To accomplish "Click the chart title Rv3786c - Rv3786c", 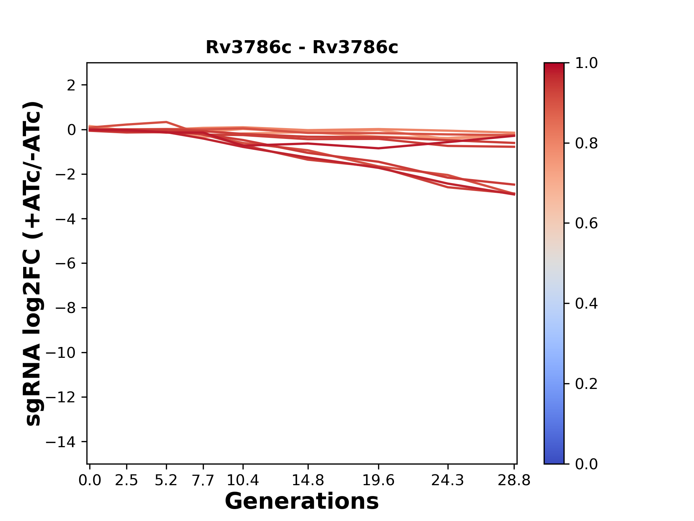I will click(302, 47).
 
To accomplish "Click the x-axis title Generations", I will click(302, 501).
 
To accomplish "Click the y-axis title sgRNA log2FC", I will click(33, 263).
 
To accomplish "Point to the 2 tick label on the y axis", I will click(71, 85).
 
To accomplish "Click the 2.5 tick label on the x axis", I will click(127, 480).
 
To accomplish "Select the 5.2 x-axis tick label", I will click(166, 480).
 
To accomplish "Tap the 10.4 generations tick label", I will click(243, 480).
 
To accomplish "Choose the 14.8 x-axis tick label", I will click(308, 480).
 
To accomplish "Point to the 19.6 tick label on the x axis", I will click(378, 480).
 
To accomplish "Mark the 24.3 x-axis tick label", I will click(448, 480).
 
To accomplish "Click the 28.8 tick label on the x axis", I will click(514, 480).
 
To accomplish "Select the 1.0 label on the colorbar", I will click(586, 63).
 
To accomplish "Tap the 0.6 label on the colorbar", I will click(586, 224).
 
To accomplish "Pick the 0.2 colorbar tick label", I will click(586, 384).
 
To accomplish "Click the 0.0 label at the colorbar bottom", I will click(586, 464).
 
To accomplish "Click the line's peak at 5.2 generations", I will click(166, 122).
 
